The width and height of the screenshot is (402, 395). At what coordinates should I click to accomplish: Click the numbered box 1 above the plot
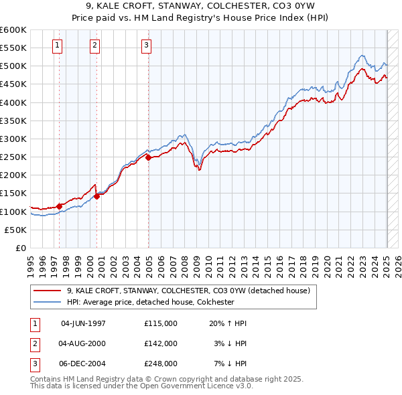click(58, 46)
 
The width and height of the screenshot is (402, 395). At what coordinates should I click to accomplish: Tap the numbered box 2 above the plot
click(95, 46)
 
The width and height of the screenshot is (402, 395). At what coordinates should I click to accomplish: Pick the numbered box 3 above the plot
click(147, 46)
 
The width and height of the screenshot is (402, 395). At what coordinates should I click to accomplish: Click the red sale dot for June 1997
click(60, 206)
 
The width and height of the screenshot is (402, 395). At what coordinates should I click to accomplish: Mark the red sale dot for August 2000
click(96, 196)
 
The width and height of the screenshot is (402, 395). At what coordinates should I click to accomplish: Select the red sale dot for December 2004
click(148, 158)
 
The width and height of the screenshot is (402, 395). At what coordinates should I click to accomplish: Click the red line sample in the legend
click(48, 291)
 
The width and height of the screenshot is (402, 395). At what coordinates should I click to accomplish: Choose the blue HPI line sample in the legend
click(48, 302)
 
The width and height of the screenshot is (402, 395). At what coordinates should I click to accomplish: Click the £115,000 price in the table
click(161, 323)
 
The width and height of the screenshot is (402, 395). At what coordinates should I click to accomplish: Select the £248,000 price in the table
click(161, 364)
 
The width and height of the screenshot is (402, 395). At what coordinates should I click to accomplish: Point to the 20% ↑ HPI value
click(228, 323)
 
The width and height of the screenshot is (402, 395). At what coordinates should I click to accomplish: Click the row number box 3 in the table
click(33, 364)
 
